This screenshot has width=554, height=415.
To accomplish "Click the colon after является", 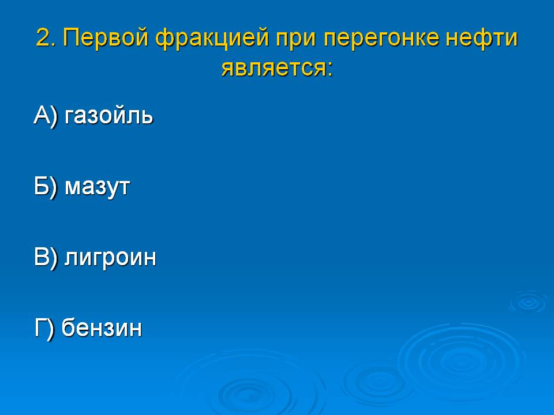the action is coord(330,69).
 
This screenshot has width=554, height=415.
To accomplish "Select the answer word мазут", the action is coord(97,187).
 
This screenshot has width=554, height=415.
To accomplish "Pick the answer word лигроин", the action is coord(110,257).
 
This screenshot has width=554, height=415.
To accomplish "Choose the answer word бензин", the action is coord(102,327).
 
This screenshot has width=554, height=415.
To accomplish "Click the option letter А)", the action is coord(46,116).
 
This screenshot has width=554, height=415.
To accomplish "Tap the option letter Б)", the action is coord(46,186).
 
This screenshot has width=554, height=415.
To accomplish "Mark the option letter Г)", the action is coord(44,328).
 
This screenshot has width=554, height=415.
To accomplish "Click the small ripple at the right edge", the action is coord(529,302).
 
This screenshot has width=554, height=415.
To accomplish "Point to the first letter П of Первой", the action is coord(72,37).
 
